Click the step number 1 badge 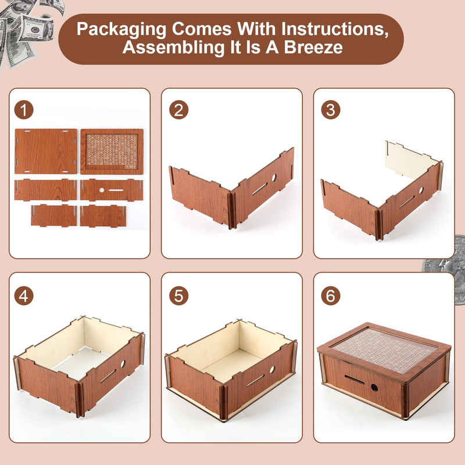click(x=24, y=110)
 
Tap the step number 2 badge click(x=179, y=110)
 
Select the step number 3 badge click(x=331, y=110)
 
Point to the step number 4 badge click(x=24, y=296)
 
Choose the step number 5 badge click(x=179, y=296)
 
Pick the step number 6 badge click(x=331, y=296)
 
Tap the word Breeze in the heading click(x=313, y=48)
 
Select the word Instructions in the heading click(x=335, y=29)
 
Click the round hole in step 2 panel click(x=274, y=178)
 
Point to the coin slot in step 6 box click(x=355, y=380)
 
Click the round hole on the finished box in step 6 click(x=374, y=388)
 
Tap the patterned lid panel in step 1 click(x=112, y=151)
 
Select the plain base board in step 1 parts click(x=46, y=151)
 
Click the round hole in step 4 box click(x=123, y=364)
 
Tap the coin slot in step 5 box click(x=255, y=381)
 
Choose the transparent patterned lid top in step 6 click(x=385, y=350)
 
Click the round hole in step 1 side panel click(x=102, y=190)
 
